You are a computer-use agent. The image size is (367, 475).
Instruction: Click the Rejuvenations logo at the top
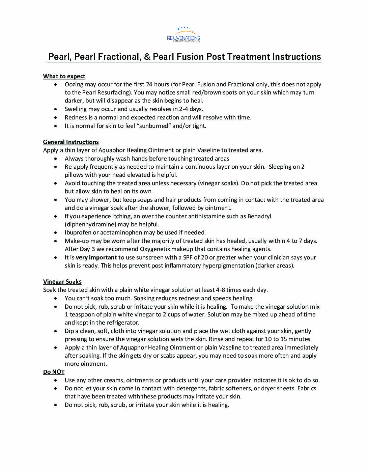tap(183, 35)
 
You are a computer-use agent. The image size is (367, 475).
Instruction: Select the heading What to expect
tap(64, 76)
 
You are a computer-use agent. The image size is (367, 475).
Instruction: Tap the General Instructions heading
tap(71, 142)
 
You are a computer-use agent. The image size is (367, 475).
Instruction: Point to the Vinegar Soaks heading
tap(62, 282)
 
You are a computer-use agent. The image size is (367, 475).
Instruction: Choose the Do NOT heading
tap(54, 372)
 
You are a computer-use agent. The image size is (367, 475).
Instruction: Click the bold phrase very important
tap(96, 257)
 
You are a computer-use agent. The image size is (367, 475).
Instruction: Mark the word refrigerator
tap(123, 323)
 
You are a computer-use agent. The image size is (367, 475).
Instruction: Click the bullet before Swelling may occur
tap(56, 109)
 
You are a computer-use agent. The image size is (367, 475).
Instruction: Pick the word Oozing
tap(74, 84)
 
